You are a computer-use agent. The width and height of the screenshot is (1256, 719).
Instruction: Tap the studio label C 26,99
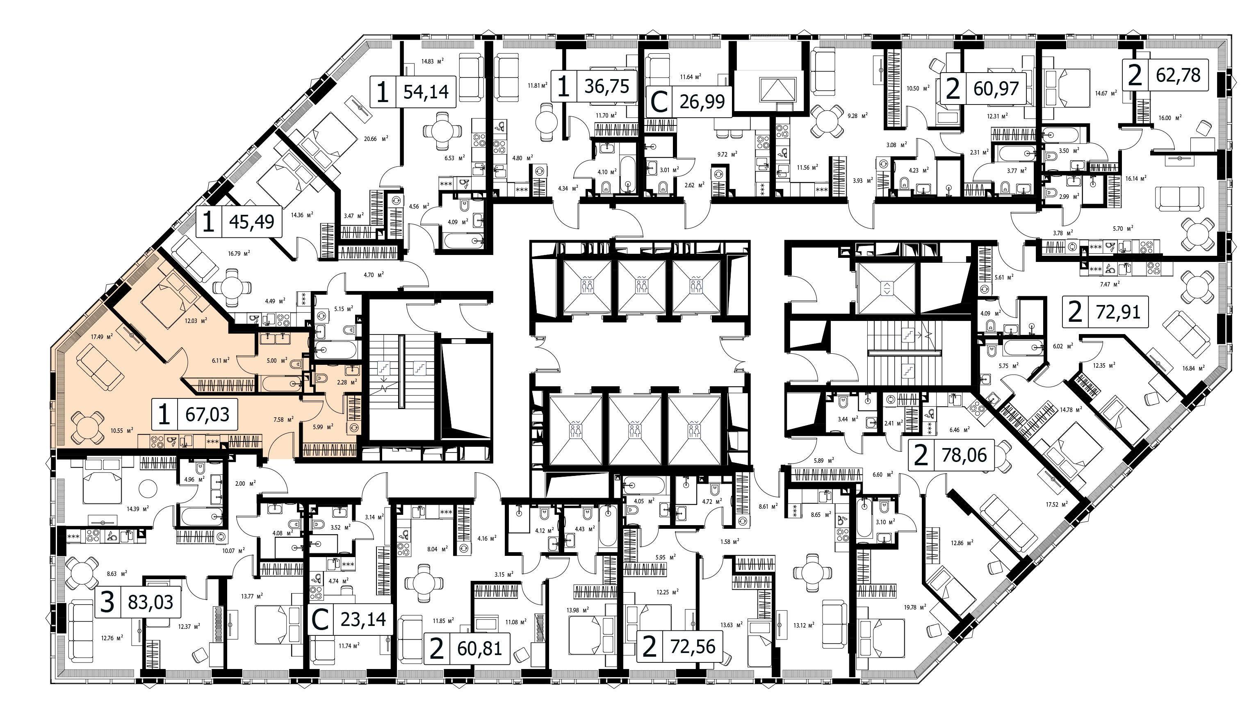tap(689, 101)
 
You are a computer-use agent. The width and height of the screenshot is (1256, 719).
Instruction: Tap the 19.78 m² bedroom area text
tap(915, 607)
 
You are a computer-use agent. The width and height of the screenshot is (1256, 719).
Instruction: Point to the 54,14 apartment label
tap(413, 92)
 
